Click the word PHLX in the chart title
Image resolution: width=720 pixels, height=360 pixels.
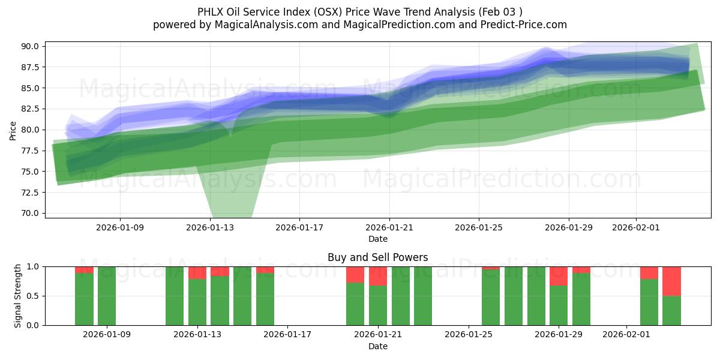click(x=209, y=12)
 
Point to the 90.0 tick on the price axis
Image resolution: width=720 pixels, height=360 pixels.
click(x=31, y=46)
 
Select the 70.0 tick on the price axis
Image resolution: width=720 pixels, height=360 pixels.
click(x=31, y=213)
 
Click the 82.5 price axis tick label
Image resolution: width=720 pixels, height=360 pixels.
click(x=31, y=109)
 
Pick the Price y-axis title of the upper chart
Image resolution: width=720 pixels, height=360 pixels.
click(x=13, y=130)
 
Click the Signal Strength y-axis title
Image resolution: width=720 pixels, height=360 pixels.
click(x=18, y=295)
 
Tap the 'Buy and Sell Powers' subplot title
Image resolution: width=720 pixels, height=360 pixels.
click(x=377, y=257)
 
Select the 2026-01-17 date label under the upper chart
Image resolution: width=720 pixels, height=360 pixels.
click(x=299, y=227)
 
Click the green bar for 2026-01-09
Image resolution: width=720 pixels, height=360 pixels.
click(x=107, y=296)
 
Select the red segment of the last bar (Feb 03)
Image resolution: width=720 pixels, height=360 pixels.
click(x=671, y=281)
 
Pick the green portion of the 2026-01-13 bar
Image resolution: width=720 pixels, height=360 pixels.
click(x=197, y=302)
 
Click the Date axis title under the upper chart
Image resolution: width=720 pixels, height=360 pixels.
click(x=377, y=239)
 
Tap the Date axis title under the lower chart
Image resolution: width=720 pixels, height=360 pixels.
click(x=377, y=346)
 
